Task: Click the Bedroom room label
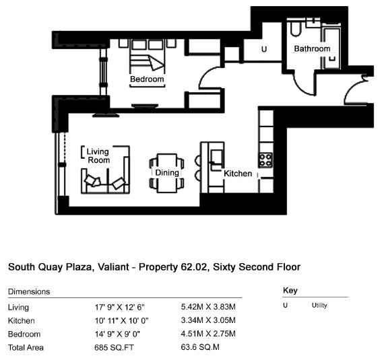(147, 79)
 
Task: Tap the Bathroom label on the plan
(312, 48)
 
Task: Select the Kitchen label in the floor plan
(238, 174)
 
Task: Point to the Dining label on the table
(167, 172)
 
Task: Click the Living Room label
(98, 156)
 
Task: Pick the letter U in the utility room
(264, 49)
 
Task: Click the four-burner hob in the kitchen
(265, 159)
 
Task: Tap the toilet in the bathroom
(296, 28)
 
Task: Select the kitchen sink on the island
(217, 157)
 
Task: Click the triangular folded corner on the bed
(156, 63)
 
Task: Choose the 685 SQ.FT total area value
(114, 347)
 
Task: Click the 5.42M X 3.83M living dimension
(208, 307)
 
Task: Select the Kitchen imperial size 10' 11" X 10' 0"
(121, 320)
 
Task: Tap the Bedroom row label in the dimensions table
(24, 334)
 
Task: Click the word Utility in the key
(319, 305)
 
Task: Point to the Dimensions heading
(29, 291)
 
